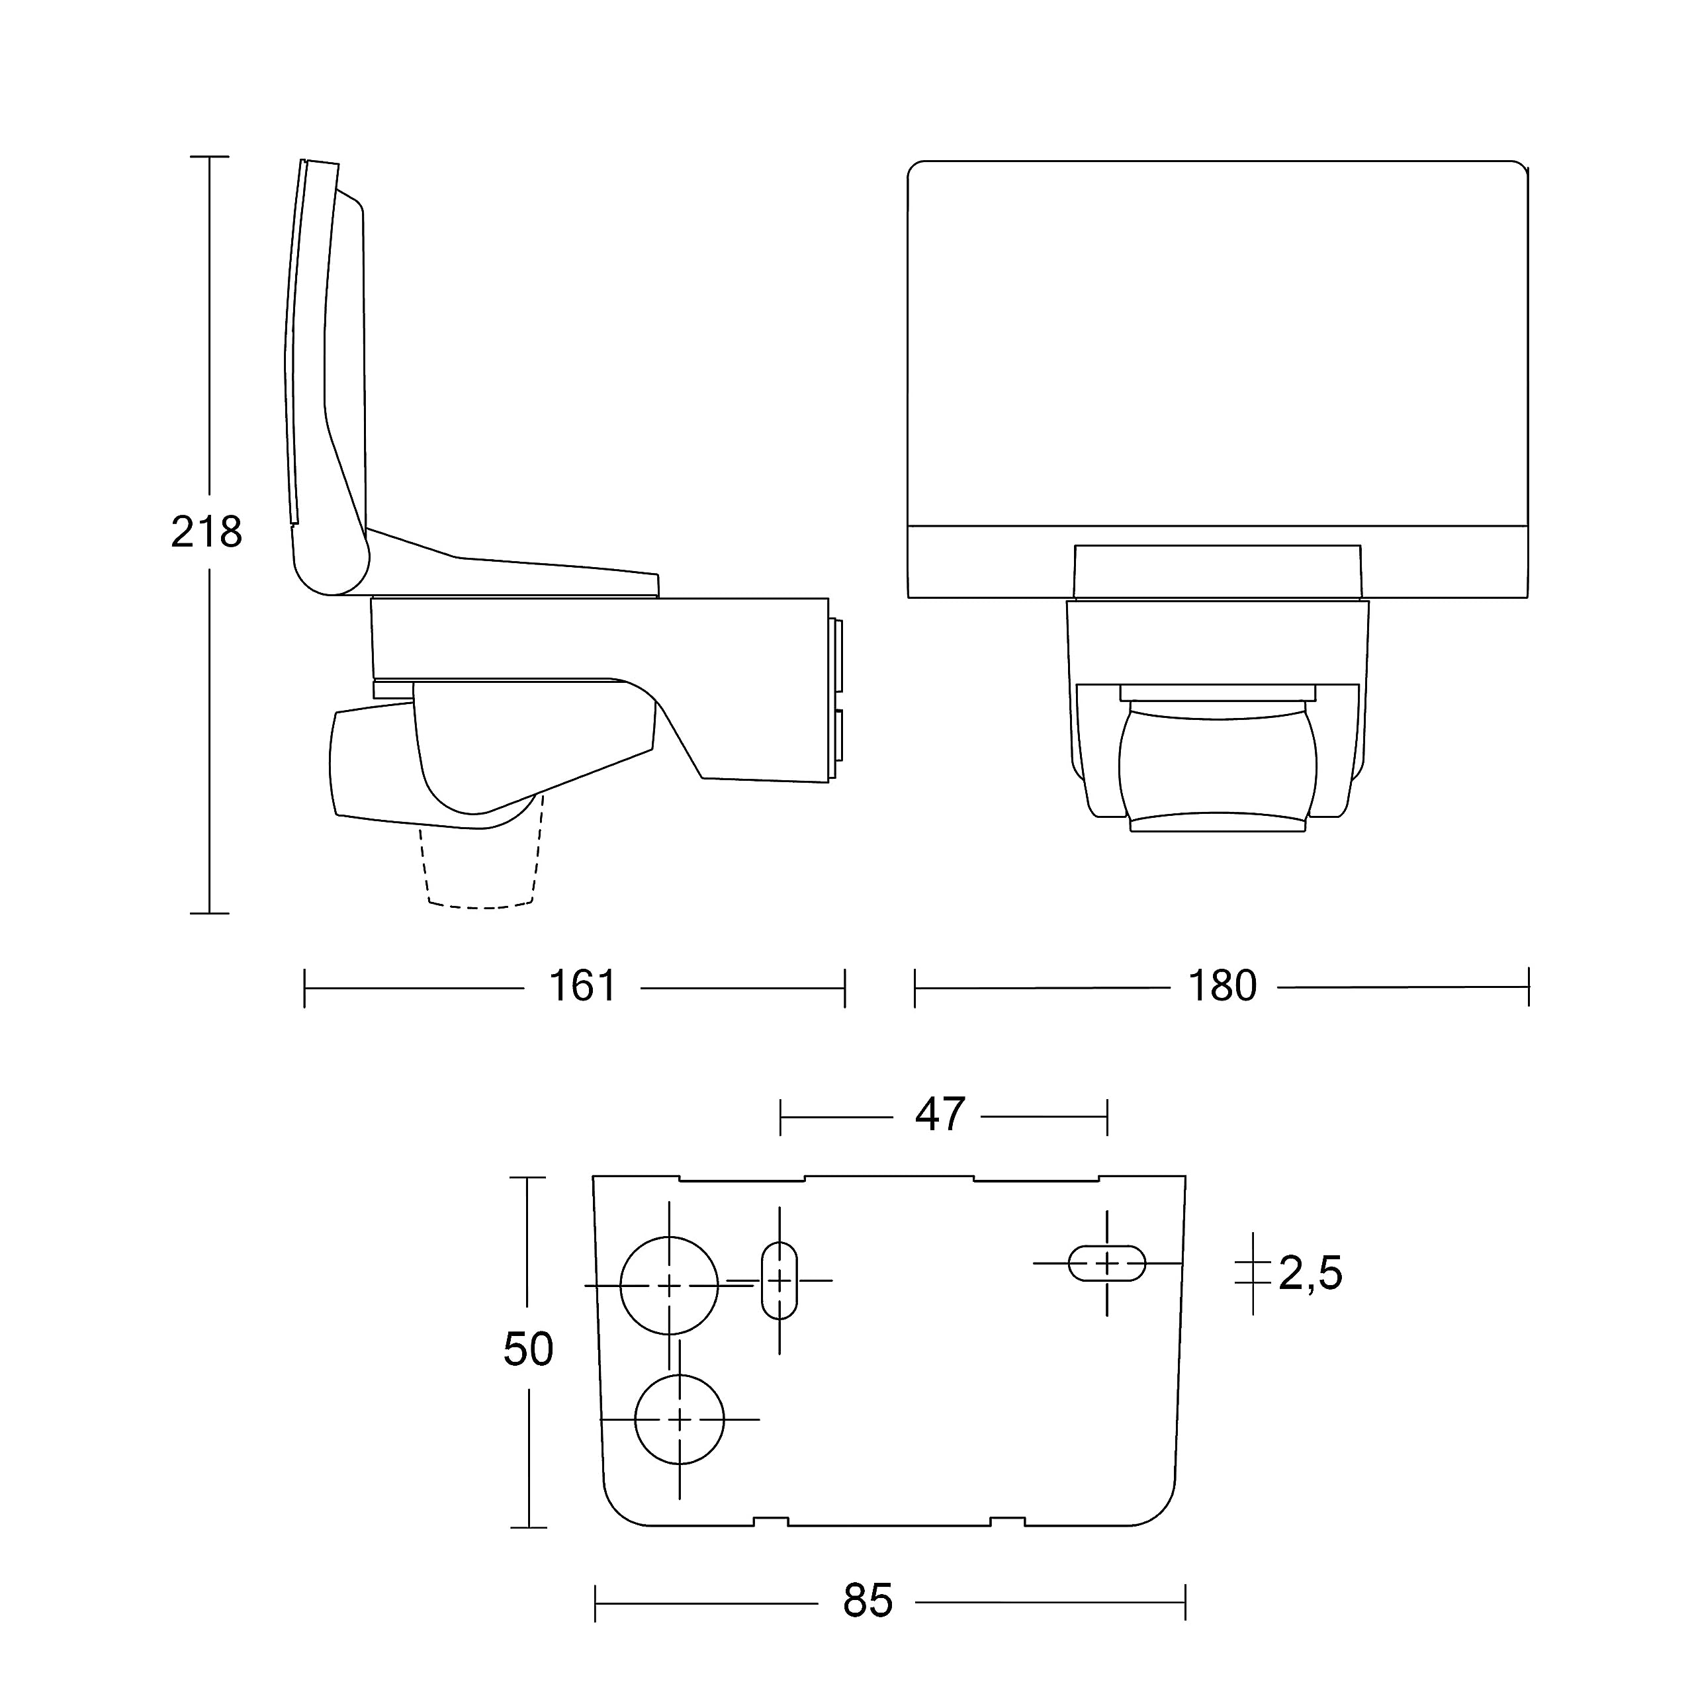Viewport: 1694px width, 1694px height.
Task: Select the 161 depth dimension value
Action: coord(582,987)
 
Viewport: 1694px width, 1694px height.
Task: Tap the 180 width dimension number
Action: coord(1222,987)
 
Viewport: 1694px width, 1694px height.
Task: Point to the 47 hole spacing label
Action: coord(940,1114)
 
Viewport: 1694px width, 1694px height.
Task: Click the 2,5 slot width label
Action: coord(1310,1274)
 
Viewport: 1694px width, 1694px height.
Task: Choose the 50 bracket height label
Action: coord(528,1349)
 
